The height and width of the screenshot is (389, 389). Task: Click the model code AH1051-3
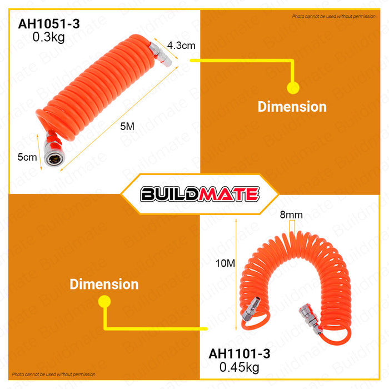click(x=49, y=24)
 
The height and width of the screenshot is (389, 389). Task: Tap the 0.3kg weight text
click(x=49, y=37)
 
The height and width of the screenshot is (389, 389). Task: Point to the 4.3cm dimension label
click(x=181, y=46)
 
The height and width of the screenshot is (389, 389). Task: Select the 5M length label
click(x=127, y=127)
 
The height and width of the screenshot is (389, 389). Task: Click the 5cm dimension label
click(x=27, y=157)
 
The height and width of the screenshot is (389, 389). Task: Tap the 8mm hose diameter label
click(x=291, y=215)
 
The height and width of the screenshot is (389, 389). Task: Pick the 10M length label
click(x=225, y=263)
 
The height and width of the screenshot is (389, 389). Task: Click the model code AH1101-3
click(x=240, y=354)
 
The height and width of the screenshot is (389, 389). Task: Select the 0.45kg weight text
click(x=240, y=367)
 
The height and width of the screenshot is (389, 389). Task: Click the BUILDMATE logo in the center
click(x=200, y=194)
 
